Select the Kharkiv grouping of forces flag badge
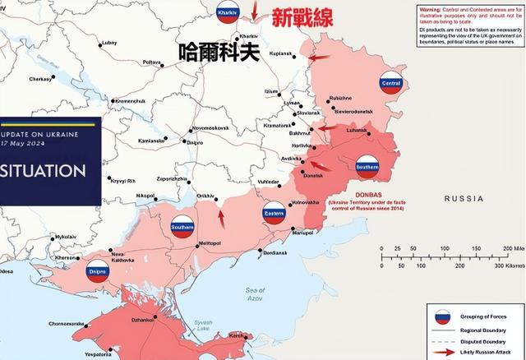point(227,12)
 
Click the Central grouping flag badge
point(390,83)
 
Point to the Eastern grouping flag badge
point(274,214)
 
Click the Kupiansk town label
point(280,53)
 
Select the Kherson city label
point(67,257)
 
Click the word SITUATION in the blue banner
point(44,171)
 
